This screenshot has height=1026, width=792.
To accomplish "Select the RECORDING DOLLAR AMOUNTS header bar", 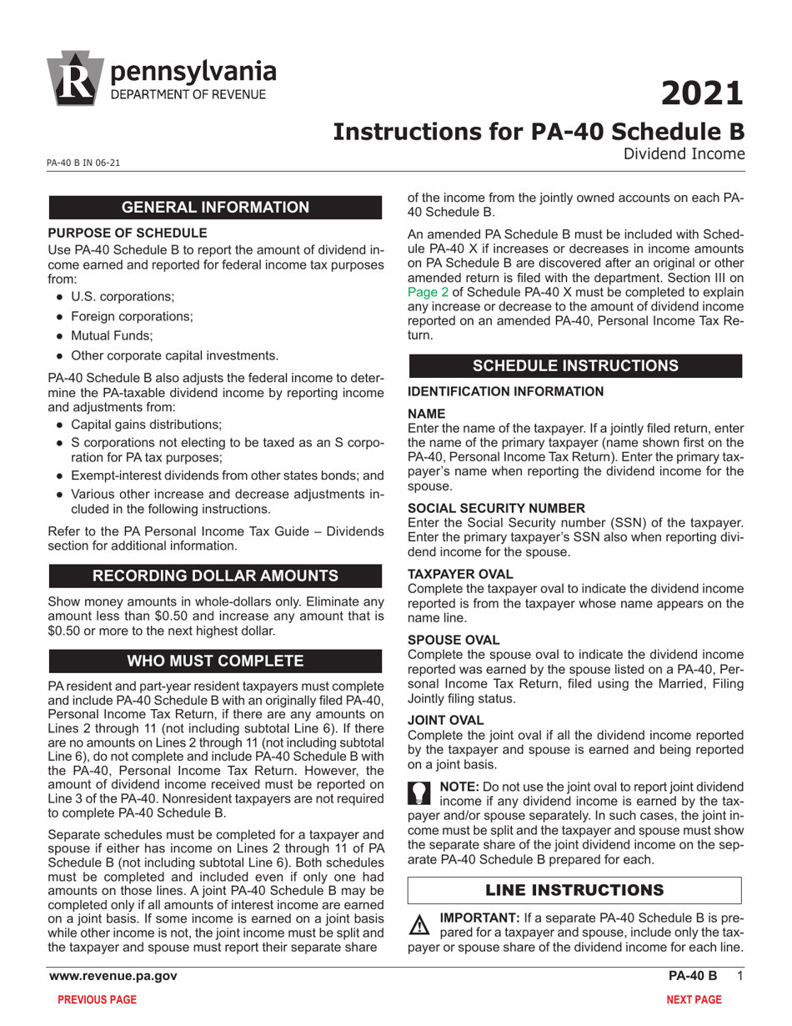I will [216, 576].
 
